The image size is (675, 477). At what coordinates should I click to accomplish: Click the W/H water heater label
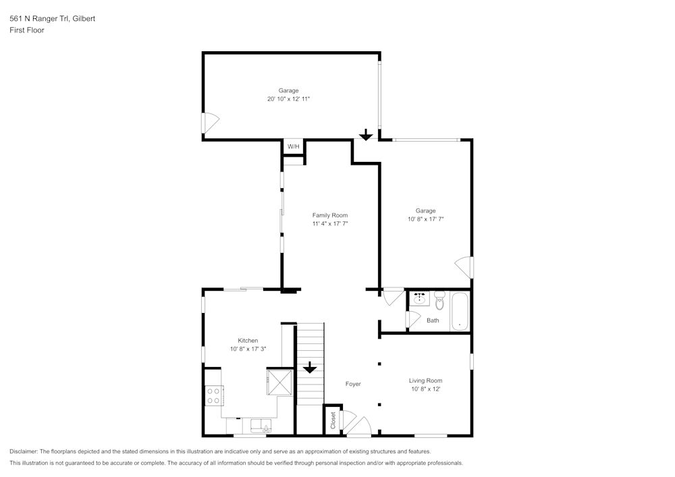click(293, 146)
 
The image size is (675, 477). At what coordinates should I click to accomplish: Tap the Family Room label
click(330, 215)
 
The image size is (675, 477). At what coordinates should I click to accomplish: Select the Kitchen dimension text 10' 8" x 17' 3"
click(248, 349)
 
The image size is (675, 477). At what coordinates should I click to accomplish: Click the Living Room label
click(425, 381)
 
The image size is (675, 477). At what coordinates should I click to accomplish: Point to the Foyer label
click(353, 384)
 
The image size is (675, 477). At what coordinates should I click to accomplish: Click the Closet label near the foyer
click(333, 420)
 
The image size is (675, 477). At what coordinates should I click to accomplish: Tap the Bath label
click(433, 320)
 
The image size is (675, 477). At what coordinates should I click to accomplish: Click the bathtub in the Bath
click(460, 312)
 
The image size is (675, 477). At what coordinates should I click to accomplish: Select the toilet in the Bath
click(439, 300)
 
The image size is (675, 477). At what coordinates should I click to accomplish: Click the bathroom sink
click(419, 298)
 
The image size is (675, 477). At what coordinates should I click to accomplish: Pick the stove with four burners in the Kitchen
click(213, 395)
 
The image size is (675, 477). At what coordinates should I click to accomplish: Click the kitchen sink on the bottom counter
click(261, 426)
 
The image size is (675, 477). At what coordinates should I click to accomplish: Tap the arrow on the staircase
click(310, 367)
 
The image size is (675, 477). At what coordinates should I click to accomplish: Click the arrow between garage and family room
click(366, 135)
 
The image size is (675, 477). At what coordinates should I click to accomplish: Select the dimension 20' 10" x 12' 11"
click(288, 99)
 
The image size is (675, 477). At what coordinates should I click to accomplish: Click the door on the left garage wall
click(210, 123)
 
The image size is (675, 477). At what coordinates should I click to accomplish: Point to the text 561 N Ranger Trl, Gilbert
click(53, 18)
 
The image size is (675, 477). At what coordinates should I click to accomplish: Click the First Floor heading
click(27, 30)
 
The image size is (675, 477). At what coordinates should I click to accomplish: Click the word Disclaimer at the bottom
click(23, 451)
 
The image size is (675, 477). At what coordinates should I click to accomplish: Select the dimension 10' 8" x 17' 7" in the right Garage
click(426, 219)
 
